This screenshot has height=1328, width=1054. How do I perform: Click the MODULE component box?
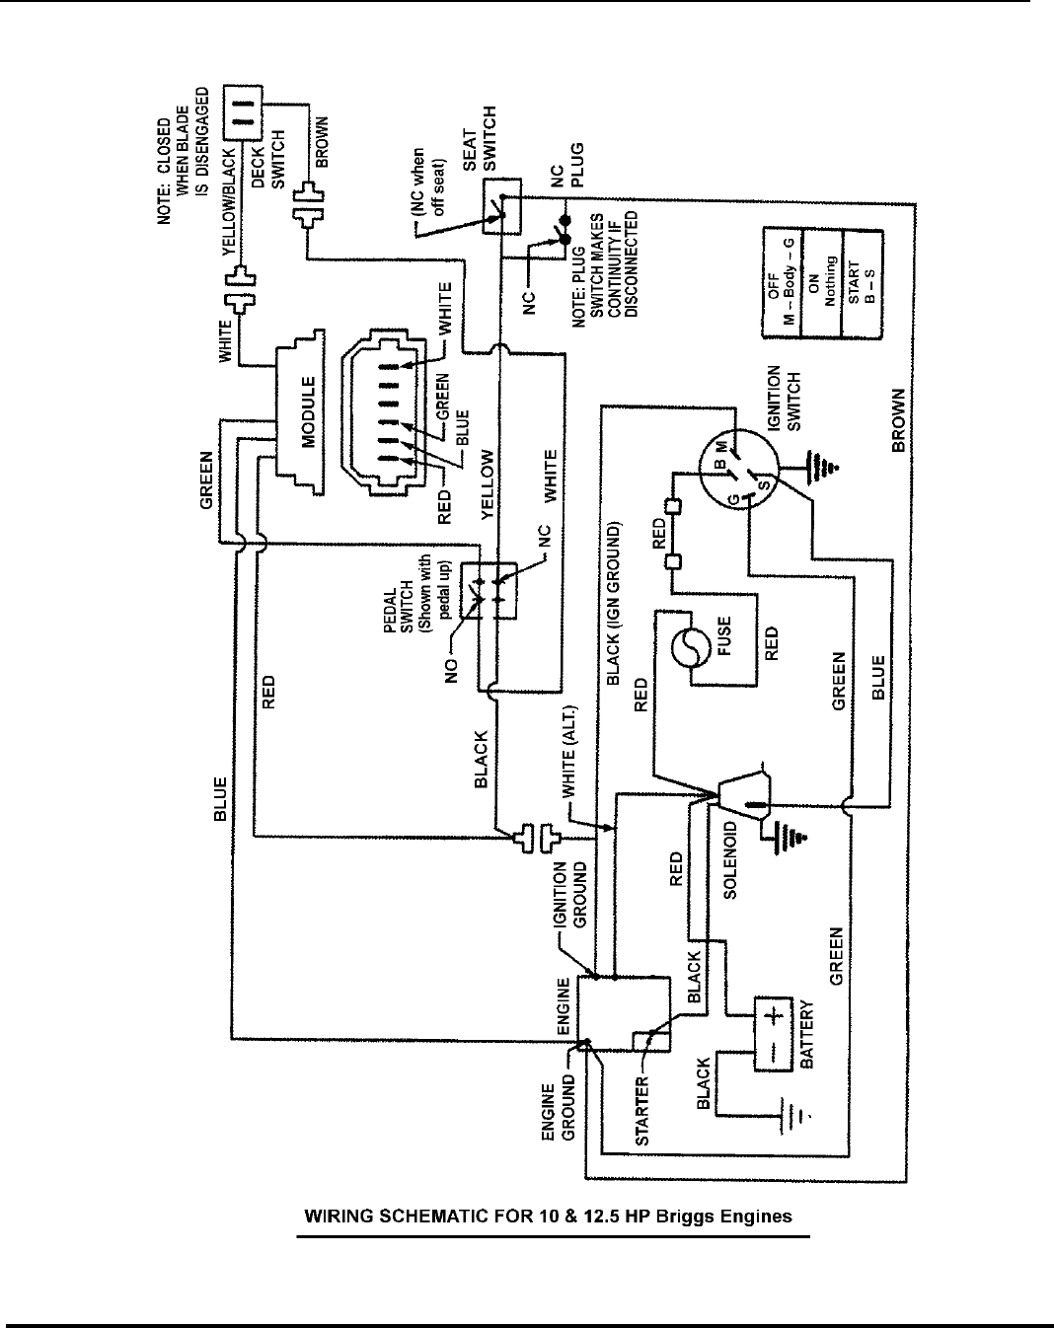(307, 413)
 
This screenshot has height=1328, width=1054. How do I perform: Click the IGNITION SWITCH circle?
(738, 472)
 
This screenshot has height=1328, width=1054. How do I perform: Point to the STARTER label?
(641, 1112)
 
